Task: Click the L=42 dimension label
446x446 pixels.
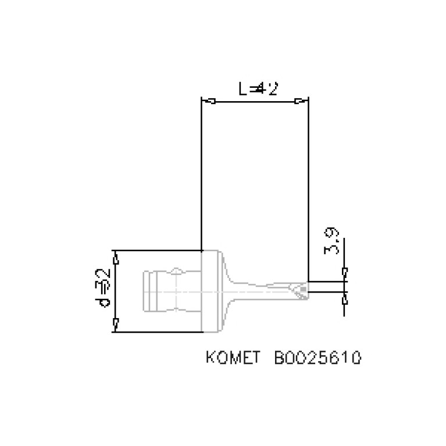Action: coord(258,89)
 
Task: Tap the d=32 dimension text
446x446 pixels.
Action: coord(105,289)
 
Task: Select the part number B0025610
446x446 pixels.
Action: coord(317,356)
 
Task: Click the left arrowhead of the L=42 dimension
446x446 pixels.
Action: coord(212,102)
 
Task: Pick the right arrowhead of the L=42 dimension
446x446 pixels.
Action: coord(298,102)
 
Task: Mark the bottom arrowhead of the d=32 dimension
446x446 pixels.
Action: coord(116,322)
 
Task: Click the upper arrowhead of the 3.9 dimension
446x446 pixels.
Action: coord(344,272)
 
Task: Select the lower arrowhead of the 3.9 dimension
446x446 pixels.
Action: coord(344,299)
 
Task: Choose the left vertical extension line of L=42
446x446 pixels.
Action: coord(201,174)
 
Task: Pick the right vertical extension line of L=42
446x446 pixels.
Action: coord(308,186)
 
